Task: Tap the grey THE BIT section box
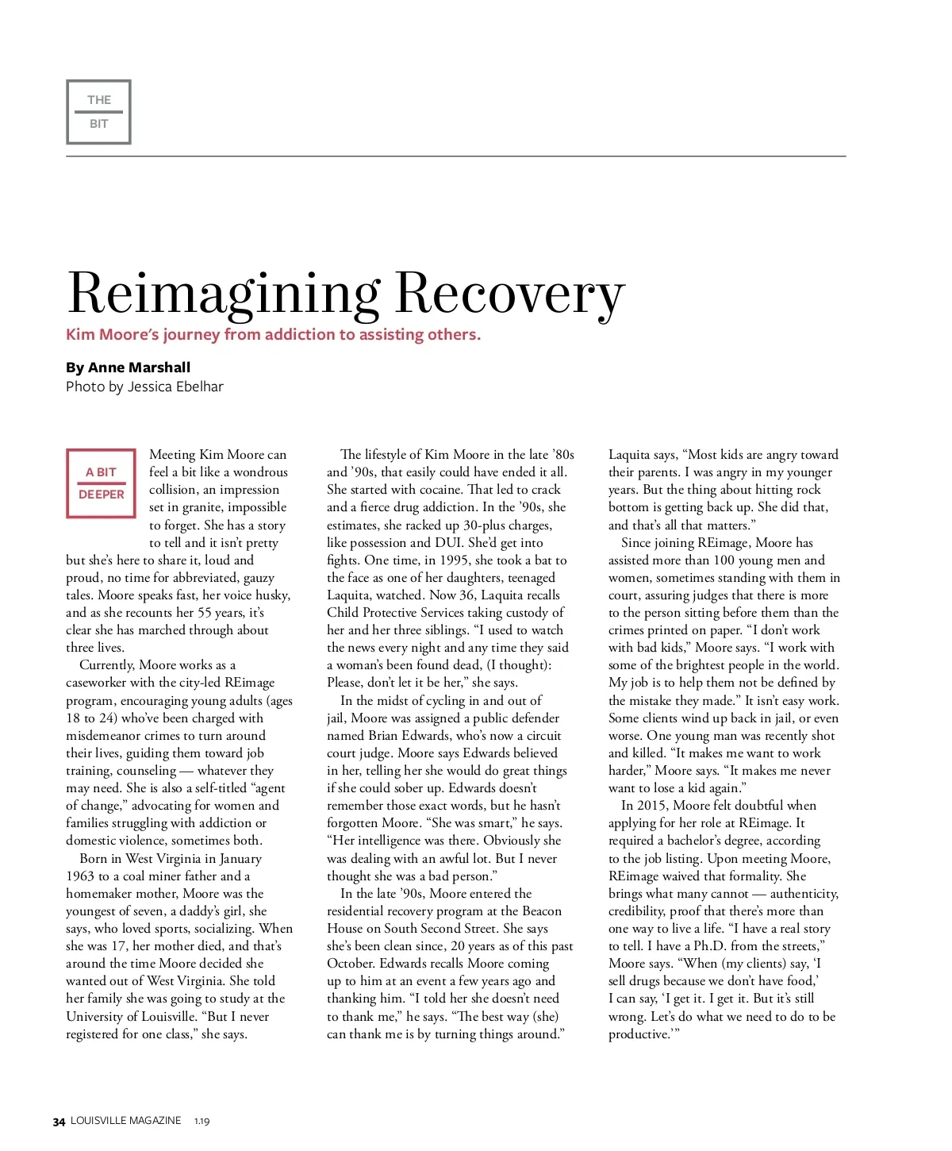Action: click(98, 112)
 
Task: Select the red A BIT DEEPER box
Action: click(101, 483)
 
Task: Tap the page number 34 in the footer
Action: click(59, 1122)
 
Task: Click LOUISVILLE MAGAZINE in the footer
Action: click(125, 1121)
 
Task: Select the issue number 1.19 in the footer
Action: click(202, 1122)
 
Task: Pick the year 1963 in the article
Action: click(80, 876)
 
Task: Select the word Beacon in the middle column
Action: click(542, 911)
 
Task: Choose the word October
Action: click(351, 964)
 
